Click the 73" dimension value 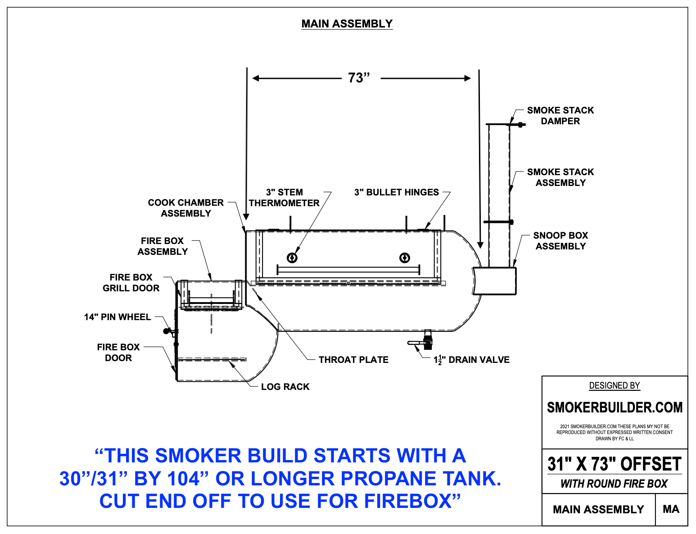pos(358,78)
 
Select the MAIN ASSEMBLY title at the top pos(347,24)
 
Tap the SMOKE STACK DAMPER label pos(560,116)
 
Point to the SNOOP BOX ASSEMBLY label pos(560,241)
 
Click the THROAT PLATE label pos(353,360)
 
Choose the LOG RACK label pos(285,387)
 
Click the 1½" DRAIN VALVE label pos(471,360)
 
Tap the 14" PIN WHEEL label pos(117,317)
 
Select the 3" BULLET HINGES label pos(396,192)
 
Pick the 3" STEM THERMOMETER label pos(284,198)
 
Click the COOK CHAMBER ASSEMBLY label pos(185,208)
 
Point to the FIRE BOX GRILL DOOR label pos(131,283)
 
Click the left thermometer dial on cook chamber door pos(292,258)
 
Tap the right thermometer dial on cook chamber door pos(404,258)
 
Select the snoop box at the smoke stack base pos(494,281)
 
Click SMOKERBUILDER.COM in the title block pos(615,407)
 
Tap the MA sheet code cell pos(671,509)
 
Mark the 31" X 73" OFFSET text pos(615,464)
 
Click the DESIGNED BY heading pos(615,386)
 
